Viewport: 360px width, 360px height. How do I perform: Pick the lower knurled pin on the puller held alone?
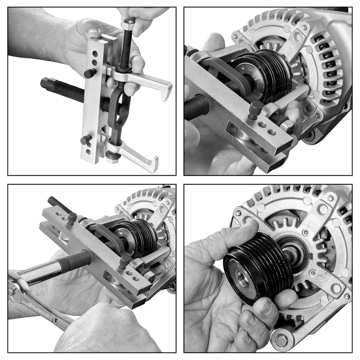pyautogui.click(x=85, y=139)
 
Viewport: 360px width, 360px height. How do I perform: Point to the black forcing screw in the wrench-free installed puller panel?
pyautogui.click(x=198, y=108)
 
